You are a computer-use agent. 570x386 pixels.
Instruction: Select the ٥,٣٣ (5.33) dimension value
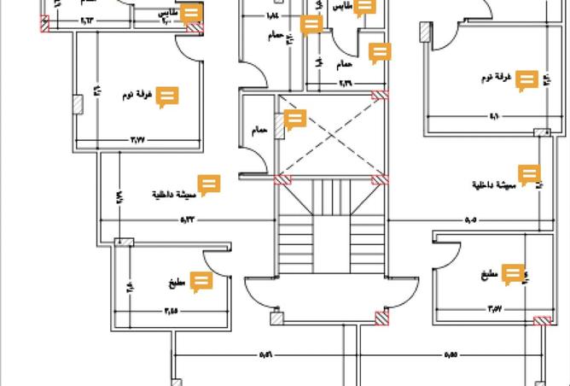189,219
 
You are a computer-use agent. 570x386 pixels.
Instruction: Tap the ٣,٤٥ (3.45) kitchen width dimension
171,312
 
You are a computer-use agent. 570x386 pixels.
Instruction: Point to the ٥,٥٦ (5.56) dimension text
265,354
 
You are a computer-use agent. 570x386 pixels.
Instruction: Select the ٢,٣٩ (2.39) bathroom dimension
345,83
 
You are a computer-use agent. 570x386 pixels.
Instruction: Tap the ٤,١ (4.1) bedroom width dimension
494,116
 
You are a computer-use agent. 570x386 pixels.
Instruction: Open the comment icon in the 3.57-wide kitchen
512,274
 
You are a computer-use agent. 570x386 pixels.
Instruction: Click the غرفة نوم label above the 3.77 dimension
142,96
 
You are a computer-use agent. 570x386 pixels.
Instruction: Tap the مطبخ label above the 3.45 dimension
177,284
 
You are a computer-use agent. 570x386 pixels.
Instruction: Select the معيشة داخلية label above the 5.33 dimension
174,194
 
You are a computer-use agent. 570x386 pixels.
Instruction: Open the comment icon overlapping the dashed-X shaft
294,120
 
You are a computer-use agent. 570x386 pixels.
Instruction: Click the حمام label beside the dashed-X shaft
259,130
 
